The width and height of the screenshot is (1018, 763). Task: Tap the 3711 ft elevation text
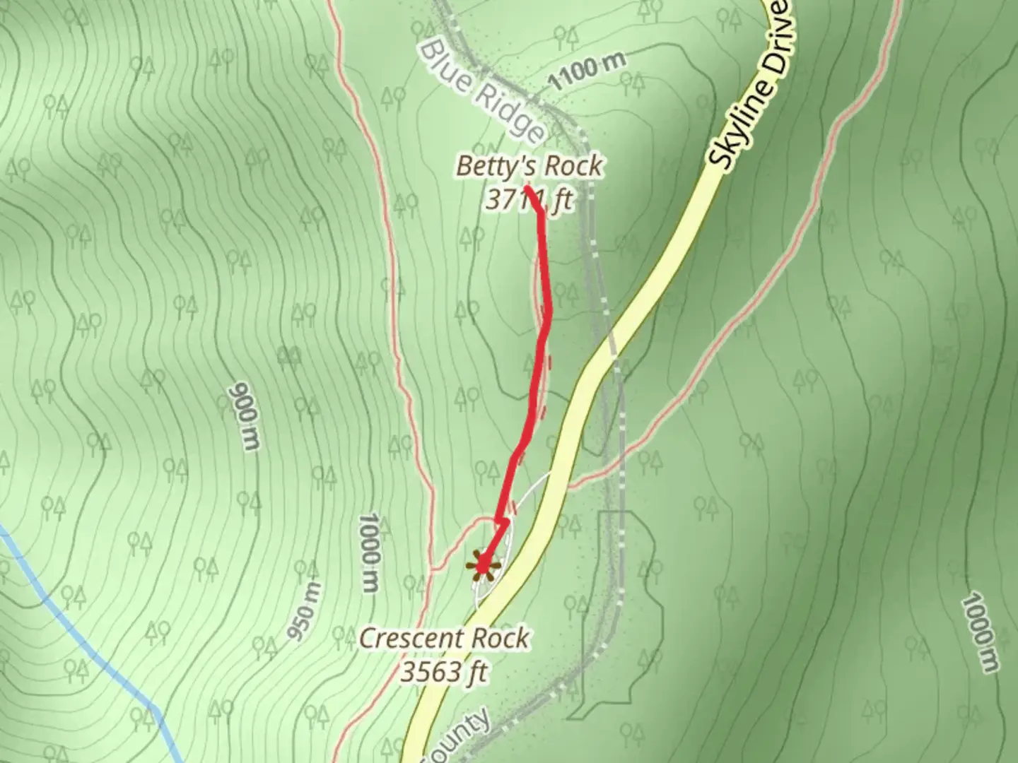click(528, 200)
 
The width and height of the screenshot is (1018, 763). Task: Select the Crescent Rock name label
click(444, 639)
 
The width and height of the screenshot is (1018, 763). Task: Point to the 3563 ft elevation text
click(443, 672)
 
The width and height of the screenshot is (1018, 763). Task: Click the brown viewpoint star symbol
click(484, 566)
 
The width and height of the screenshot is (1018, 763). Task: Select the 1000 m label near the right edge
click(981, 634)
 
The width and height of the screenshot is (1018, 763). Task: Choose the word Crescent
click(411, 639)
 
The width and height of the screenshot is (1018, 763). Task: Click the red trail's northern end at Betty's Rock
click(527, 188)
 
